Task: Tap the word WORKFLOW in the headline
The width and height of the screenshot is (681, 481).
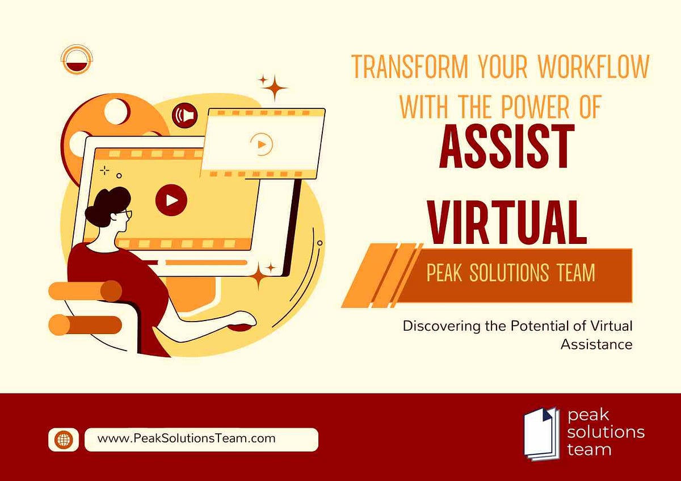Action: [x=593, y=67]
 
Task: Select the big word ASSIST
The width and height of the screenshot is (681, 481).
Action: [x=506, y=147]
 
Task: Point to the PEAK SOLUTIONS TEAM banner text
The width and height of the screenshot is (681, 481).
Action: [x=511, y=273]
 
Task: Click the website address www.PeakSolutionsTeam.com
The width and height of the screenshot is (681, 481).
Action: [x=187, y=438]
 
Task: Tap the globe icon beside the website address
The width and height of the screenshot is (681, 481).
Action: [x=64, y=439]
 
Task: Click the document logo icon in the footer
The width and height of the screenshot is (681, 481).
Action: [x=541, y=432]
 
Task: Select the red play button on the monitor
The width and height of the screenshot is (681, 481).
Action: [x=171, y=200]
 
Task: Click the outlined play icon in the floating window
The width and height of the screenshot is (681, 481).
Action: [x=262, y=144]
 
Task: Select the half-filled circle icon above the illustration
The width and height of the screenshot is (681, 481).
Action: [x=76, y=60]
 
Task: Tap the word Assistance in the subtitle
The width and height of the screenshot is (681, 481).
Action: [x=596, y=344]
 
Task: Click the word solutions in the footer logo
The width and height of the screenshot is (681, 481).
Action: [x=606, y=432]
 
